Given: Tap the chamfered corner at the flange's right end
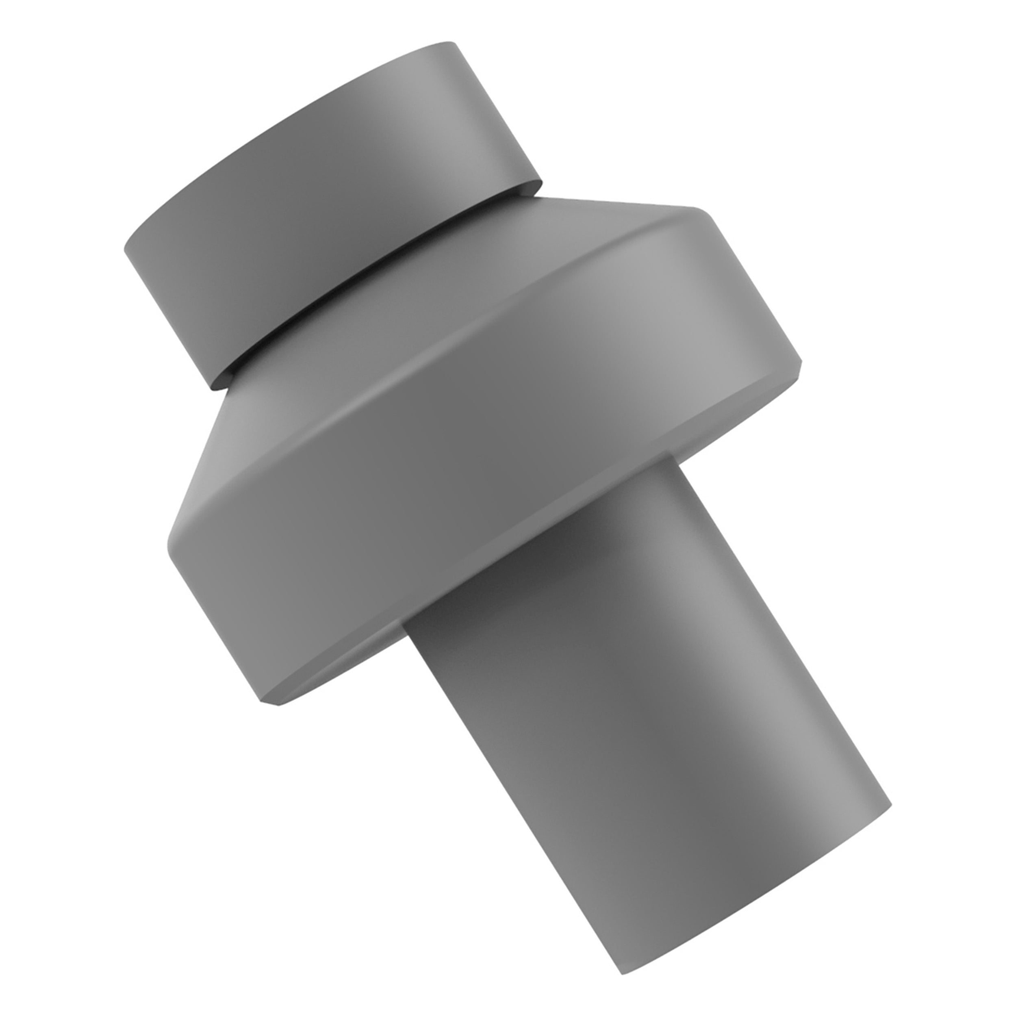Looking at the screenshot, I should [x=800, y=368].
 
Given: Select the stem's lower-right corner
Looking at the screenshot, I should [x=889, y=807].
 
